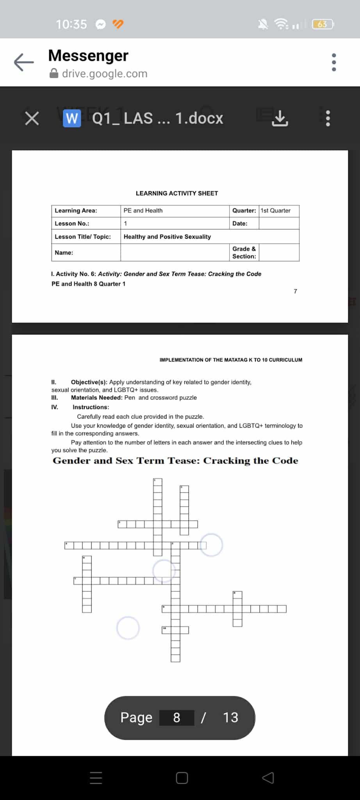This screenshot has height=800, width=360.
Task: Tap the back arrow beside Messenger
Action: tap(24, 62)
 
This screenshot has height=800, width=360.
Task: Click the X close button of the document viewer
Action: tap(32, 118)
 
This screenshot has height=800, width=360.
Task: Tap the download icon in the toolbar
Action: tap(280, 118)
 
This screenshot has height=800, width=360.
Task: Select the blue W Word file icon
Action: tap(72, 118)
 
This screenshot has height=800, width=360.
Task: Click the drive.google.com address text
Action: tap(105, 73)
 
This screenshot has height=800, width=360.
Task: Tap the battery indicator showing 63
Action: tap(323, 24)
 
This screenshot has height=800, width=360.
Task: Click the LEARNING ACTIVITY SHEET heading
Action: tap(177, 193)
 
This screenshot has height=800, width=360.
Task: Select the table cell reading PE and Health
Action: tap(143, 211)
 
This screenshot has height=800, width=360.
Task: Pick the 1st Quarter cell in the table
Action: tap(276, 211)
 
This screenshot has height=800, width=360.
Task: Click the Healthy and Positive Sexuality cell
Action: tap(167, 237)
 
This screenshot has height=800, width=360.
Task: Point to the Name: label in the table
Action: tap(64, 253)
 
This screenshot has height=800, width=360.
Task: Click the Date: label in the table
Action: tap(240, 223)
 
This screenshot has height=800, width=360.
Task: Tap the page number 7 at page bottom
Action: tap(296, 291)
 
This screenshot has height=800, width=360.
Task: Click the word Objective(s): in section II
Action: tap(89, 382)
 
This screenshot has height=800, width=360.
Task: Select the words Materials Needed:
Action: tap(96, 398)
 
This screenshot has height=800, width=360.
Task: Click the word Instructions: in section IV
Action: tap(91, 407)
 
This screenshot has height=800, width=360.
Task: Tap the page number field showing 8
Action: tap(176, 718)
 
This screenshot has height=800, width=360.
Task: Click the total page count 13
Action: tap(230, 718)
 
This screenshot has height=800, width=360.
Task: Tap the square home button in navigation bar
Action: tap(182, 778)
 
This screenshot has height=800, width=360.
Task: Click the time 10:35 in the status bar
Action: tap(71, 24)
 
